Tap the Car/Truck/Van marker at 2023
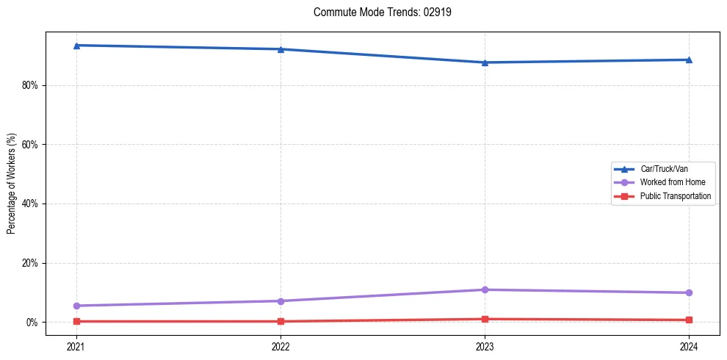point(485,62)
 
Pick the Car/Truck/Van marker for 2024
point(689,60)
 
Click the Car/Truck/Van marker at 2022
point(281,49)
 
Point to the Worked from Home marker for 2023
point(485,289)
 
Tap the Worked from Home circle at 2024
point(689,292)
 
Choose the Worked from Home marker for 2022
point(281,300)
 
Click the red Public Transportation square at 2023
point(485,319)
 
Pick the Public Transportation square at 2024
point(689,320)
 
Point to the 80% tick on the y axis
point(30,85)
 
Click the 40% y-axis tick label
point(30,204)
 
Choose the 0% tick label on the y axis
point(32,323)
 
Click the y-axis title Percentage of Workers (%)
point(11,184)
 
